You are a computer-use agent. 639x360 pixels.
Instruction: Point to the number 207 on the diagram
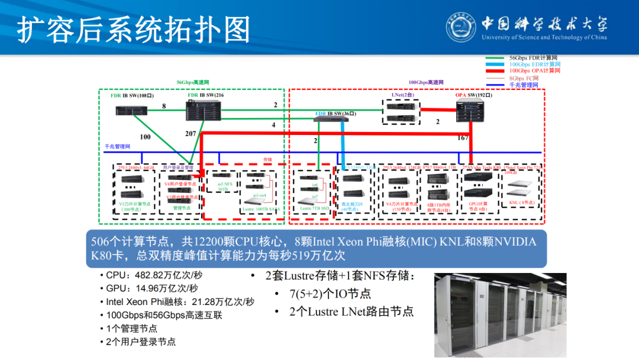[x=190, y=134]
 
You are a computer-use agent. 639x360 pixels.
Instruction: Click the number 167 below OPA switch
[x=463, y=138]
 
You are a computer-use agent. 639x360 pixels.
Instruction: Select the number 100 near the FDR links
[x=145, y=137]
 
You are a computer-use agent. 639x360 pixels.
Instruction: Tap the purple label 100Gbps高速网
[x=426, y=82]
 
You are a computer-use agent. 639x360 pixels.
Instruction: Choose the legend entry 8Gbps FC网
[x=524, y=78]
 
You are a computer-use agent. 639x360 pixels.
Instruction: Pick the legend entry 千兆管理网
[x=524, y=85]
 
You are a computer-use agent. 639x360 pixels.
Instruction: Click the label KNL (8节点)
[x=521, y=202]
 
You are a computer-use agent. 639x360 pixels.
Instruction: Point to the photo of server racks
[x=500, y=314]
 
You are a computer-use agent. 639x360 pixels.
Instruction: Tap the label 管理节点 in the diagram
[x=181, y=208]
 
